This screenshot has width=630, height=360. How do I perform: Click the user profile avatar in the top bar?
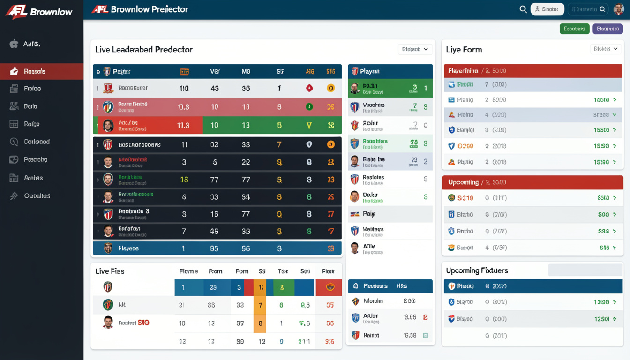619,9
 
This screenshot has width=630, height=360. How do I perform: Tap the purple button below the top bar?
607,29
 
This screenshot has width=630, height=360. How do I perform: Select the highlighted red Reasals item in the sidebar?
42,71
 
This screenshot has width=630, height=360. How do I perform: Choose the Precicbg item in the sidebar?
35,159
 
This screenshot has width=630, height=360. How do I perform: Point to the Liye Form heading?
464,50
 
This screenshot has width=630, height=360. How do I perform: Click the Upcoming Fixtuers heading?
477,270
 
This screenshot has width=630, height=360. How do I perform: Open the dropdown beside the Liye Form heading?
606,49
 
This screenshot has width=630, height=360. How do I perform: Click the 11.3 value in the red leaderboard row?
183,125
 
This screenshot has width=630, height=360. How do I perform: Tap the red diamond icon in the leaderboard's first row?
309,88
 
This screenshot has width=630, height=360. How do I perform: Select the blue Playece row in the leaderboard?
217,248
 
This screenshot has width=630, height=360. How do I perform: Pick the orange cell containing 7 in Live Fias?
260,305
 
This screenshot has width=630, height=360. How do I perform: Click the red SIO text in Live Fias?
143,322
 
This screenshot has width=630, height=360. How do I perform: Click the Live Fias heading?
110,271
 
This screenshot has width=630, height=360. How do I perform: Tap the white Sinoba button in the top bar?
547,9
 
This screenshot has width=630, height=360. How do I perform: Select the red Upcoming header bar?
532,182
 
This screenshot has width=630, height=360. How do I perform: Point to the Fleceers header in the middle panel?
375,286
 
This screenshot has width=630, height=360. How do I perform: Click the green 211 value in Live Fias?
304,342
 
